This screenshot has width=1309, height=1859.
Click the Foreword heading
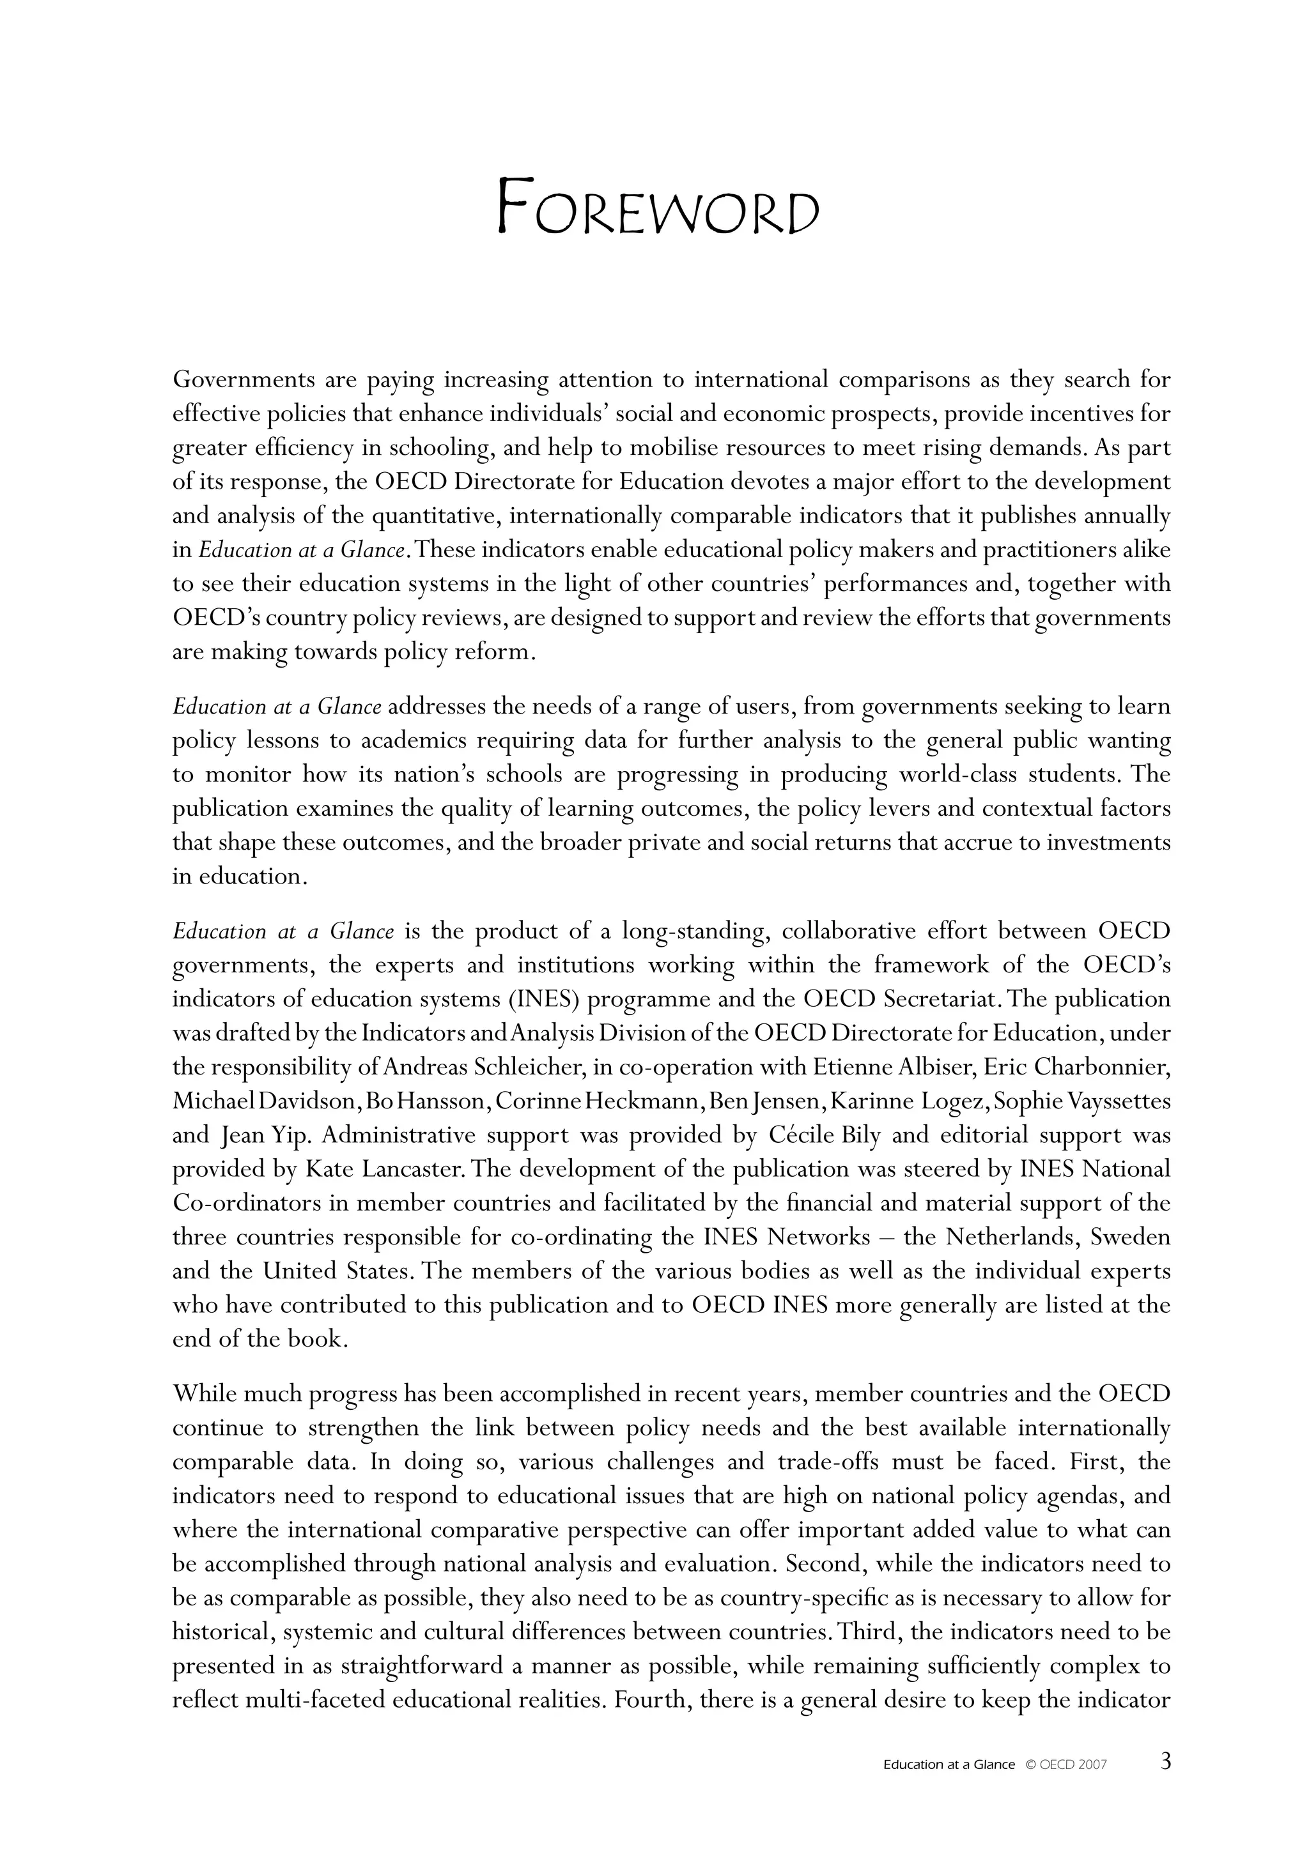(x=657, y=206)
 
